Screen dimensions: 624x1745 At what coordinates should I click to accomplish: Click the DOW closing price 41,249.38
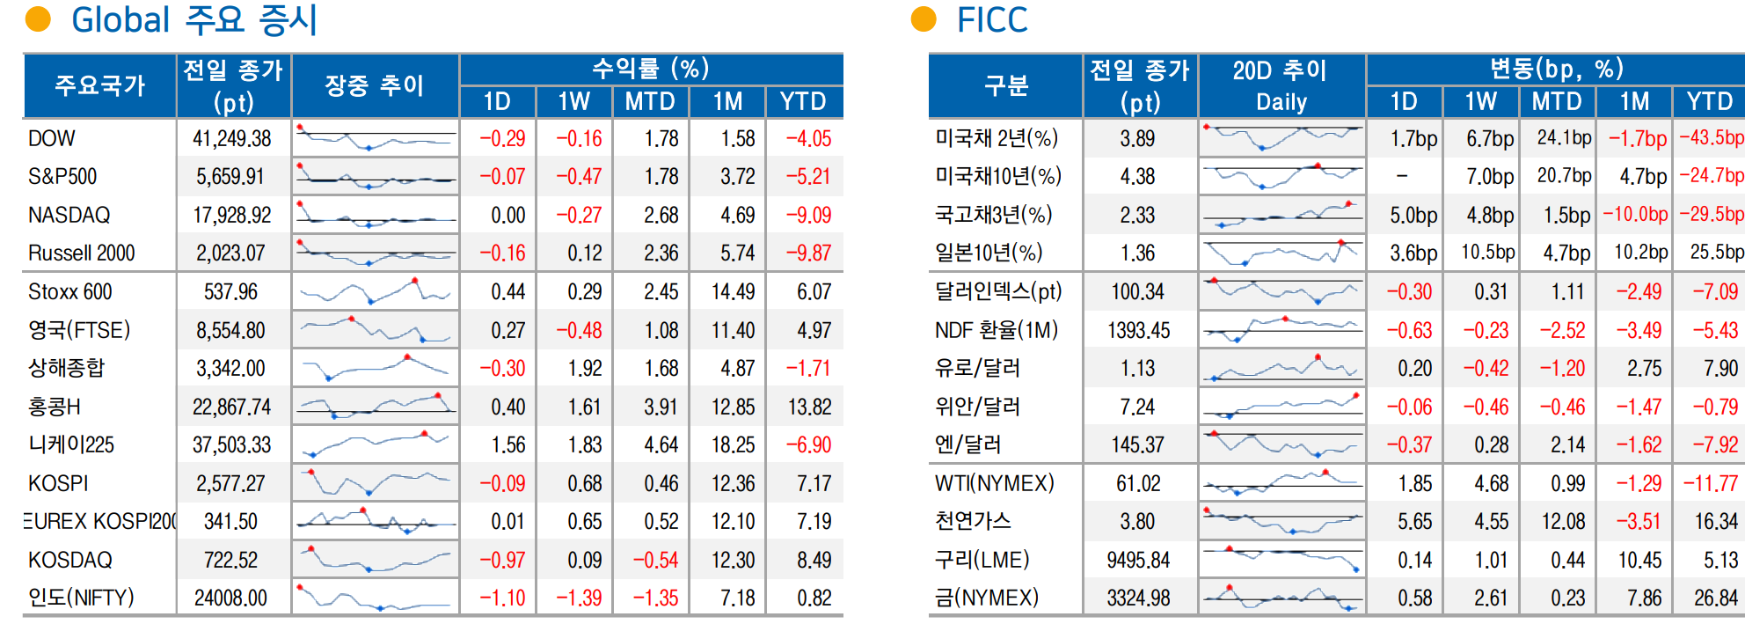click(x=232, y=138)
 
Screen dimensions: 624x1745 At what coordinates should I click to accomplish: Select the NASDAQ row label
click(x=69, y=215)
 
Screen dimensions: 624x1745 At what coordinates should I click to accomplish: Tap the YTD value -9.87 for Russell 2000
click(x=808, y=253)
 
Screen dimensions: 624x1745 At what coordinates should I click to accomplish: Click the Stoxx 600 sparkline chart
click(x=375, y=291)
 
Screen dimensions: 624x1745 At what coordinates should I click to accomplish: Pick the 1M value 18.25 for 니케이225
click(x=733, y=445)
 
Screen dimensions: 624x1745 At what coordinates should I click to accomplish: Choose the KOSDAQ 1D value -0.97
click(x=502, y=560)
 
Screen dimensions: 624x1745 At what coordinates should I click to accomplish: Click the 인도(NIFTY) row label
click(x=81, y=598)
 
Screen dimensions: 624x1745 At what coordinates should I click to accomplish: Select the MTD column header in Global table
click(x=650, y=102)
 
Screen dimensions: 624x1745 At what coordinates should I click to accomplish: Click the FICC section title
click(x=992, y=20)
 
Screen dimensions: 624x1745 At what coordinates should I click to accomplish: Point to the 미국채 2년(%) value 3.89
click(x=1137, y=138)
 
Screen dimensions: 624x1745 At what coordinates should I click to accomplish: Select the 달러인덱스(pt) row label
click(x=998, y=291)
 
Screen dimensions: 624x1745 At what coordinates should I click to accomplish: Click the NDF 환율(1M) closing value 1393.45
click(x=1138, y=330)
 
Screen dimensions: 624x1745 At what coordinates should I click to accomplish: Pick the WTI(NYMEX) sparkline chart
click(x=1281, y=483)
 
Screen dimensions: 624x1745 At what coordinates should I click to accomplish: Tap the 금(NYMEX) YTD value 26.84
click(x=1716, y=598)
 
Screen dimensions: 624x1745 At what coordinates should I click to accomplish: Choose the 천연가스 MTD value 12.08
click(x=1563, y=522)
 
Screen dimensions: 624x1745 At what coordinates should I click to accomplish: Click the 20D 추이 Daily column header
click(x=1281, y=85)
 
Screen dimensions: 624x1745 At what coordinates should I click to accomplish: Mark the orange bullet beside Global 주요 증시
click(x=38, y=19)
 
